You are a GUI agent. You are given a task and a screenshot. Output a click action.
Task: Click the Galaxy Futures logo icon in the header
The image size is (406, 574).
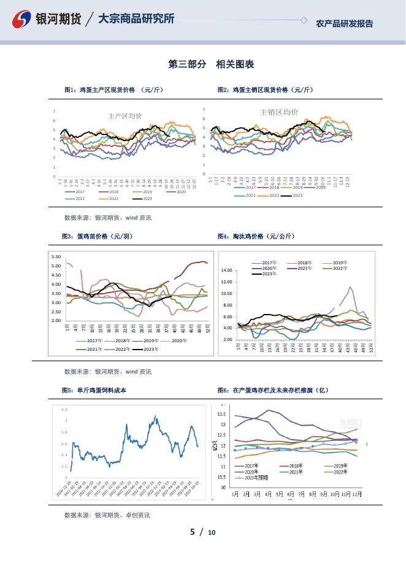click(x=22, y=20)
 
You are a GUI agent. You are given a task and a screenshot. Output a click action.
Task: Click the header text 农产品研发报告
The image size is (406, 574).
click(x=344, y=24)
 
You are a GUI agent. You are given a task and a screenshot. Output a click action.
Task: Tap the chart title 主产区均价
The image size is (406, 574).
click(x=124, y=116)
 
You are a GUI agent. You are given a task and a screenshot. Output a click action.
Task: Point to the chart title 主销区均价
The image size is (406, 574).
click(x=279, y=112)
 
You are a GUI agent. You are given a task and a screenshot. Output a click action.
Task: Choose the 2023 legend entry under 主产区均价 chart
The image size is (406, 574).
click(x=143, y=199)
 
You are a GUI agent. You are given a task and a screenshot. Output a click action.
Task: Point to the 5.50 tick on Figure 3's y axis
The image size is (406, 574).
click(x=56, y=257)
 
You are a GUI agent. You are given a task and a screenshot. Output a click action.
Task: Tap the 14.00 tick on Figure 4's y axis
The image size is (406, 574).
click(x=226, y=270)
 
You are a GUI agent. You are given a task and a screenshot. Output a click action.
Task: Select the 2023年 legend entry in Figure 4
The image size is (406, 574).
click(x=264, y=274)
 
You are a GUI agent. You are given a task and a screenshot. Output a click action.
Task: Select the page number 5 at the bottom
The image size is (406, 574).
click(x=193, y=532)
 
